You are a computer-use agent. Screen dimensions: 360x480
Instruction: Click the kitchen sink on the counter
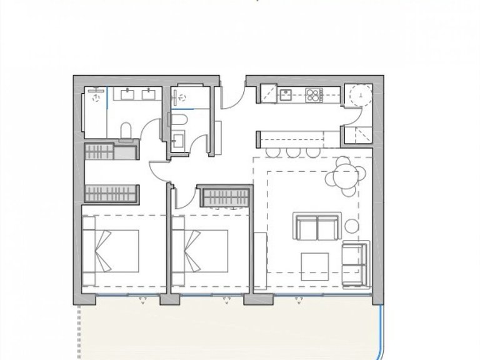click(x=286, y=95)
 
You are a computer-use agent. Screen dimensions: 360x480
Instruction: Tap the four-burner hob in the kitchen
click(x=312, y=96)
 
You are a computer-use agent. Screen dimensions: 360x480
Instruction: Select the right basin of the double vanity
click(x=149, y=95)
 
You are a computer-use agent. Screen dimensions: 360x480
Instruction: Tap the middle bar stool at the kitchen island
click(x=293, y=152)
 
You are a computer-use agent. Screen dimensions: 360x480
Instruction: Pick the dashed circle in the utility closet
click(x=360, y=96)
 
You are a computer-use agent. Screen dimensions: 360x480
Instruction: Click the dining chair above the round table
click(x=342, y=162)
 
